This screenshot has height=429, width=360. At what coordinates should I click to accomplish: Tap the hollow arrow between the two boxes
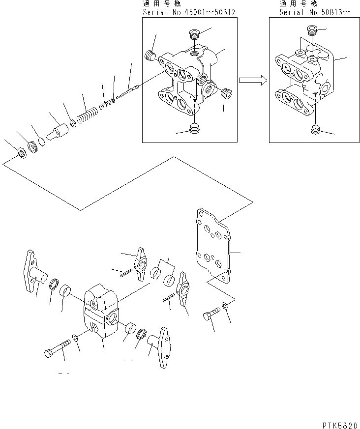(252, 80)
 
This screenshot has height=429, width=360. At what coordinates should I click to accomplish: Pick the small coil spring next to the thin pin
(105, 105)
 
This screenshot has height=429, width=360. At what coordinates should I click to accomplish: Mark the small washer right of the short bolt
(225, 306)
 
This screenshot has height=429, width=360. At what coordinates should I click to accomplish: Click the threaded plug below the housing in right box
(316, 130)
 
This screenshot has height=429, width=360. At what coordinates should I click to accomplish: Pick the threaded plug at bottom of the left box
(195, 130)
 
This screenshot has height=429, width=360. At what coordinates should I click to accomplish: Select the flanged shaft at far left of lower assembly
(33, 270)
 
